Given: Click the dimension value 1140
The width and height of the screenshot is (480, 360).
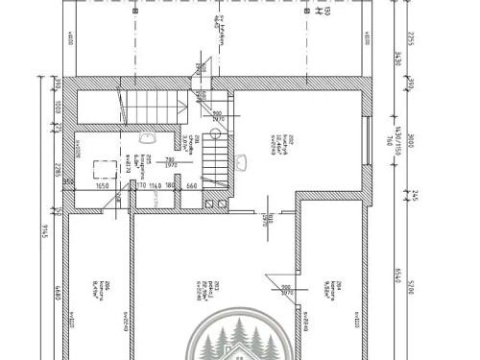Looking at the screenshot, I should pyautogui.click(x=155, y=186).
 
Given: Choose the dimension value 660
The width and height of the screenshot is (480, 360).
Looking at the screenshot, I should pyautogui.click(x=191, y=186).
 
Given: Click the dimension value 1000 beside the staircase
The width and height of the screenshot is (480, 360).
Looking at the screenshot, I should pyautogui.click(x=58, y=108).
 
